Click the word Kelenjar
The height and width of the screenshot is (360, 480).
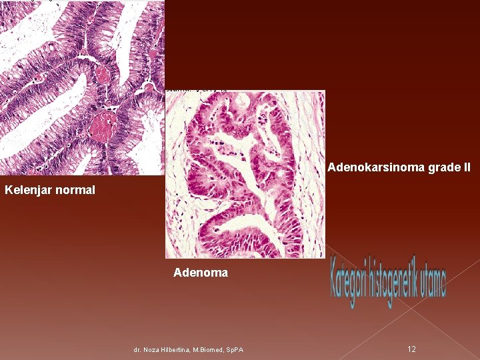tap(27, 191)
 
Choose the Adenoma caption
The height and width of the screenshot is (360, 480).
tap(201, 273)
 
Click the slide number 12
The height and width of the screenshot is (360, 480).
tap(411, 349)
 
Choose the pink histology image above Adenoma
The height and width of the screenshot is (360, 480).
tap(245, 174)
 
